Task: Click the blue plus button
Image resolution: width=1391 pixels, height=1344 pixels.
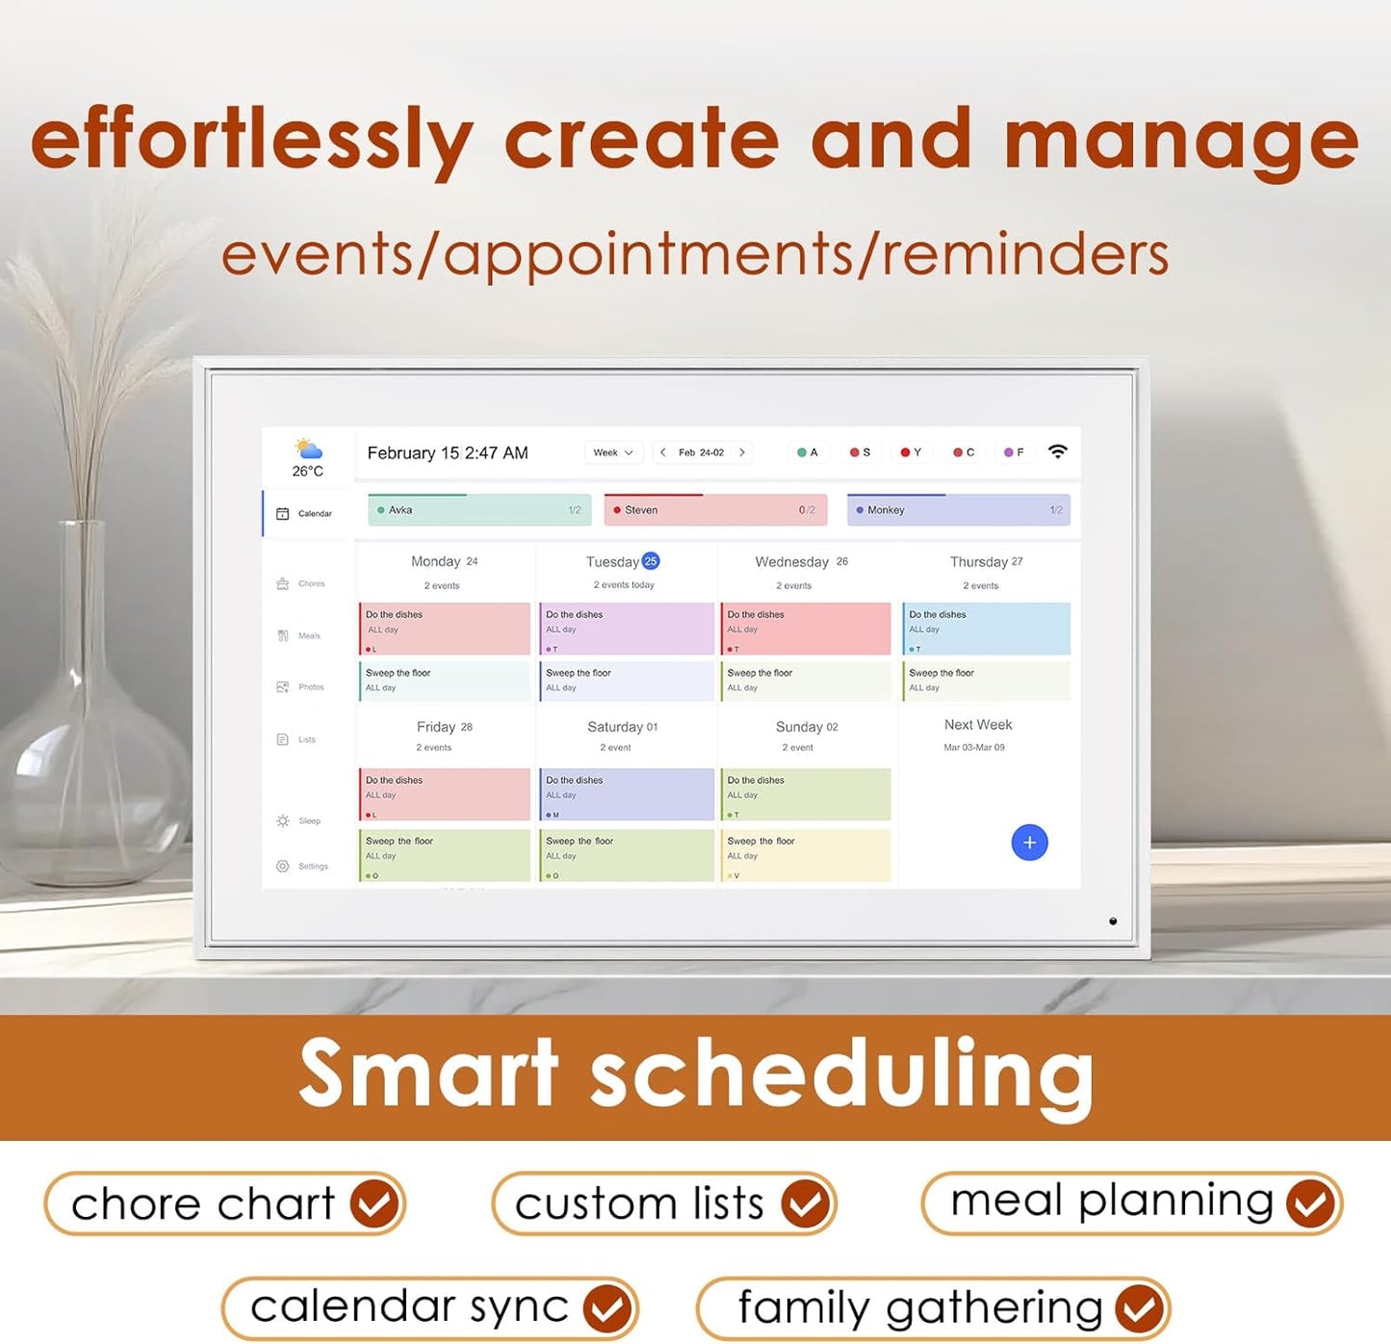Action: pyautogui.click(x=1029, y=842)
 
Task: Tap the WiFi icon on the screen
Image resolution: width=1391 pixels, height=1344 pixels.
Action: pyautogui.click(x=1057, y=452)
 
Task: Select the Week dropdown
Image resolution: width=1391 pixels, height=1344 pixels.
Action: pyautogui.click(x=613, y=452)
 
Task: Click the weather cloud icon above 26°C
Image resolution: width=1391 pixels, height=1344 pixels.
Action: pyautogui.click(x=308, y=449)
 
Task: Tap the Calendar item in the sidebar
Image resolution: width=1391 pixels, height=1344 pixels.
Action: pyautogui.click(x=305, y=513)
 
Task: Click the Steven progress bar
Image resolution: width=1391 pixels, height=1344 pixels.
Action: pyautogui.click(x=715, y=510)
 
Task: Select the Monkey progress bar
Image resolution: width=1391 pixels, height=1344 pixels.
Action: pyautogui.click(x=958, y=510)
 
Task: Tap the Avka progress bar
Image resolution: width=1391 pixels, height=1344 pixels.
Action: pyautogui.click(x=478, y=510)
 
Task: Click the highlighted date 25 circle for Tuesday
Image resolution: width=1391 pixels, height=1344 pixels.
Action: pyautogui.click(x=651, y=561)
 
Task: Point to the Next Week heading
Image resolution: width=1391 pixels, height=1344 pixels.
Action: pyautogui.click(x=977, y=725)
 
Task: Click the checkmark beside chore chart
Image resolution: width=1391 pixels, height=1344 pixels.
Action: pyautogui.click(x=374, y=1203)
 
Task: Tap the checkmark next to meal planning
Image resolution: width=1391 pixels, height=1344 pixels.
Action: pyautogui.click(x=1311, y=1203)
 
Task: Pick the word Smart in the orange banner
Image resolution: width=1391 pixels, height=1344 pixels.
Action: pyautogui.click(x=428, y=1073)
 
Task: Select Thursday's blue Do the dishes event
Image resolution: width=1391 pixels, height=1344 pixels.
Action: pyautogui.click(x=986, y=629)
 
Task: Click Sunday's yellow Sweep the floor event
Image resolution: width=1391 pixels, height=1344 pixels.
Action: pyautogui.click(x=806, y=855)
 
